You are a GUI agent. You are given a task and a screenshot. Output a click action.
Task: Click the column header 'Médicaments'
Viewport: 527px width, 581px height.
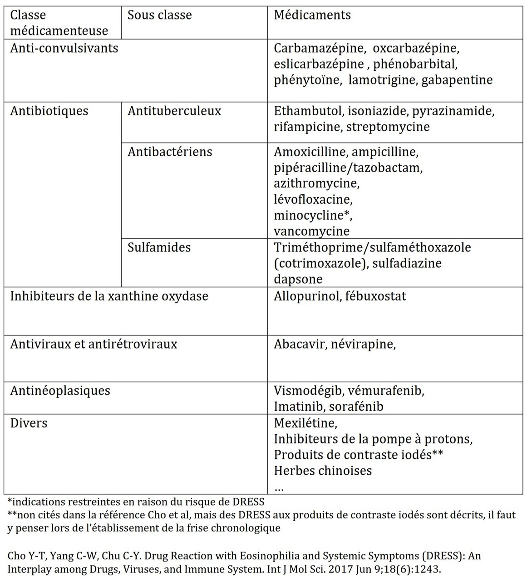[312, 15]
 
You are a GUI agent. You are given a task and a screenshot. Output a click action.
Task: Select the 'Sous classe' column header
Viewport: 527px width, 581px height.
[159, 15]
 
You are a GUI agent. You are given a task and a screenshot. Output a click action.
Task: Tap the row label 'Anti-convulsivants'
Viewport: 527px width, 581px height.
[64, 48]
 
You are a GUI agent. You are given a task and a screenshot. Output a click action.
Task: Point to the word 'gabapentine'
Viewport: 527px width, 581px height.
[457, 80]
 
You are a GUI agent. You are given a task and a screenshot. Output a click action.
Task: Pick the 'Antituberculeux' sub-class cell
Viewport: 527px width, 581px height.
[174, 111]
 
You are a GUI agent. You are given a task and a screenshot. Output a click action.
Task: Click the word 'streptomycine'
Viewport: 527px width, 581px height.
[388, 126]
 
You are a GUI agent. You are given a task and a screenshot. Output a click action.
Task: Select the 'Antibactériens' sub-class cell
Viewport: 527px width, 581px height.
[170, 152]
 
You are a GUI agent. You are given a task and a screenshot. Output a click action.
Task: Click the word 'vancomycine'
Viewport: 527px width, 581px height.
[311, 231]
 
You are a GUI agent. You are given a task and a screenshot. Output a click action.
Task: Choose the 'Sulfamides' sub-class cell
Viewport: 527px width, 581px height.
[159, 247]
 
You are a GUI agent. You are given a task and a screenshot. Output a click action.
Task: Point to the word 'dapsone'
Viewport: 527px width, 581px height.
[298, 279]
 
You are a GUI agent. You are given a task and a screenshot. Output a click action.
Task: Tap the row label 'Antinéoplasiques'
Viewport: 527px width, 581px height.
[60, 391]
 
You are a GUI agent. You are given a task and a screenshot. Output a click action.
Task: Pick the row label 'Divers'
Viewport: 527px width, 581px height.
[29, 423]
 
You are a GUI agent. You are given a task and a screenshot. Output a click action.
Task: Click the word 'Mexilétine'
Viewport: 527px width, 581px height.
[305, 423]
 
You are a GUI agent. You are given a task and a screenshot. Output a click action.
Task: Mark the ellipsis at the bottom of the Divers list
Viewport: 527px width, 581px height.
[279, 488]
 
